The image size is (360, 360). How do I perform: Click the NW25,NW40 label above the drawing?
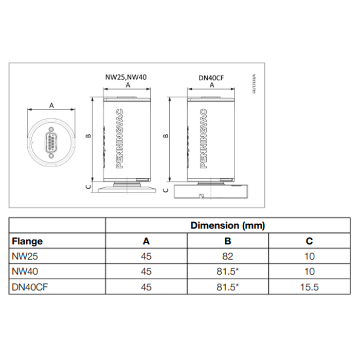[x=127, y=77]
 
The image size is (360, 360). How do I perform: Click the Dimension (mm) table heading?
[x=227, y=225]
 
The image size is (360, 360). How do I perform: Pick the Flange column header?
[x=27, y=241]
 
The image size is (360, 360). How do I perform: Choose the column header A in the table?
[x=147, y=241]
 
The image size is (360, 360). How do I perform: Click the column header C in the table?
[x=309, y=241]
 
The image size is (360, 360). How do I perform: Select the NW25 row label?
[x=23, y=256]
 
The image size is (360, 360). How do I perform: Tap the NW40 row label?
[x=23, y=272]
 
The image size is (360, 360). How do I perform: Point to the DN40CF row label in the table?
[x=27, y=287]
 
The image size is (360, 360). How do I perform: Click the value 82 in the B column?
[x=228, y=256]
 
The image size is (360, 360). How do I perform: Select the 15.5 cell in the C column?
[x=309, y=287]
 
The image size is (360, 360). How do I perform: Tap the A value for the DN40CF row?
[x=147, y=287]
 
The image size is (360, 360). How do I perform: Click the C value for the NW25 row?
[x=309, y=256]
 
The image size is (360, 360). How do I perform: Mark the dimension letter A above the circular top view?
[x=51, y=105]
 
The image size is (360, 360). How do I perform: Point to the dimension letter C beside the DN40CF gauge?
[x=166, y=190]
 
